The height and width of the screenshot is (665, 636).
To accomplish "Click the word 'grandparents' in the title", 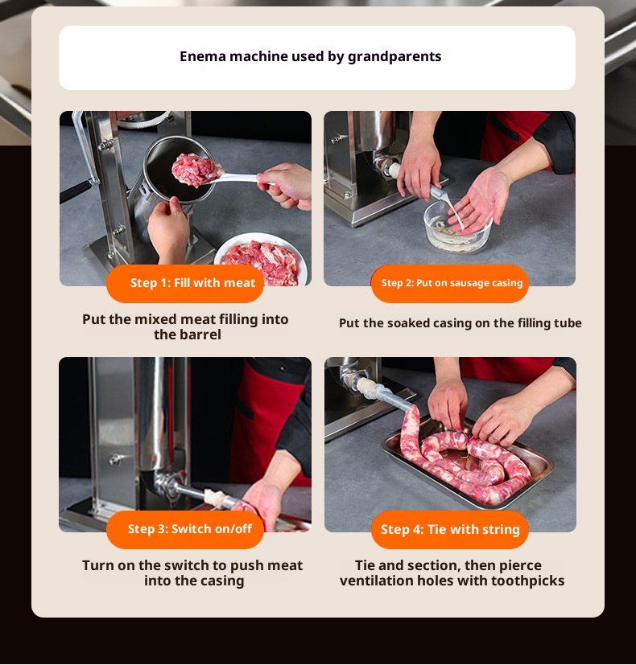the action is pos(394,57).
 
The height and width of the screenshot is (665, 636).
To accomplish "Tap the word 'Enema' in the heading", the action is pos(203,56).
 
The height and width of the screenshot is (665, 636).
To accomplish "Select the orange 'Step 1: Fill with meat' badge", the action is pos(185,283).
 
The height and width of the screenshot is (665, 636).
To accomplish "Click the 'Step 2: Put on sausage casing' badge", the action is pos(449,283).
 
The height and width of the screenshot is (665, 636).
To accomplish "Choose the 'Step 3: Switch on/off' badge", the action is pos(185,529).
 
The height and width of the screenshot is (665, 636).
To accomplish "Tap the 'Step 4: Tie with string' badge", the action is pos(449,529).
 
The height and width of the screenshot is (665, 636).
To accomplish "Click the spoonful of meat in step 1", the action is pos(196,170).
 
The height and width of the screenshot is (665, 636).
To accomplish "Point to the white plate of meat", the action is pos(261,259).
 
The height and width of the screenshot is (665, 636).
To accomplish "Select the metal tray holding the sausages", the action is pos(467,465).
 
